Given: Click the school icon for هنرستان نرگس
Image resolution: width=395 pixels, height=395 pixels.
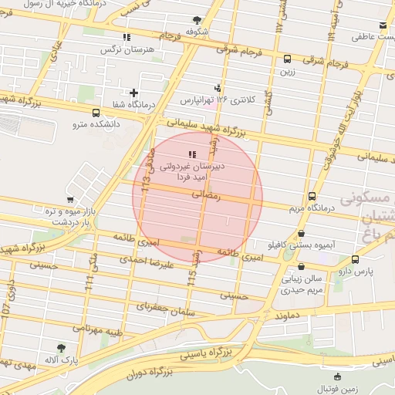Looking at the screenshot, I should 126,36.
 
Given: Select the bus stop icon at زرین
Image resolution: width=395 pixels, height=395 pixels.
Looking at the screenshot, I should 287,59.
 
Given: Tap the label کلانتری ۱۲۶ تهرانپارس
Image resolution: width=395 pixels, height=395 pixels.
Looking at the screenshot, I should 218,100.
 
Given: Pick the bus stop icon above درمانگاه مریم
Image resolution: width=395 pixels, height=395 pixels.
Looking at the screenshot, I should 312,196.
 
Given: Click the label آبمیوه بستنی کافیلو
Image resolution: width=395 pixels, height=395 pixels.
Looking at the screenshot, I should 302,245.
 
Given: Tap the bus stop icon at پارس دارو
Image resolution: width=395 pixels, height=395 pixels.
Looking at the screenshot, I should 355,260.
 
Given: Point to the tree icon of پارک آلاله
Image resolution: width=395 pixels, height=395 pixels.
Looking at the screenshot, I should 61,348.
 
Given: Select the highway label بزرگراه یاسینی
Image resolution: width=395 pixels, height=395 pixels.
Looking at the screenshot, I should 206,354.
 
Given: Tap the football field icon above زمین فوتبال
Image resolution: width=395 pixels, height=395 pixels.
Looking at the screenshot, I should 338,376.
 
